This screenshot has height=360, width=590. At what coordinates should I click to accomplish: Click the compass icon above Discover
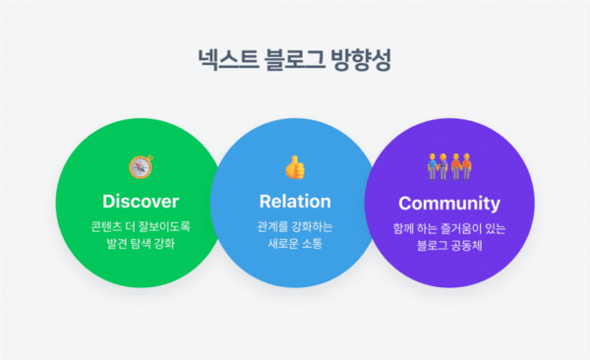pos(141,166)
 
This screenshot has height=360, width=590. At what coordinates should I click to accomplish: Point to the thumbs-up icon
pos(294,166)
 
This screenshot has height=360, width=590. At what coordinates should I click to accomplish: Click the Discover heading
pos(141,202)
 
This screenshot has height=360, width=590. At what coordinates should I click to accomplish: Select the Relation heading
pos(294,202)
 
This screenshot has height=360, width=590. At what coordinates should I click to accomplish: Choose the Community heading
pos(448,204)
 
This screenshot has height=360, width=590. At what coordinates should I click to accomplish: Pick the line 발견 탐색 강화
pos(141,244)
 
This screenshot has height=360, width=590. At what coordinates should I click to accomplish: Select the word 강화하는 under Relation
pos(312,227)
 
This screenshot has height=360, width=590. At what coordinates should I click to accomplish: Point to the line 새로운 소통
pos(294,244)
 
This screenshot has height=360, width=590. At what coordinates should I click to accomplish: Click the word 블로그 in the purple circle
pos(426,245)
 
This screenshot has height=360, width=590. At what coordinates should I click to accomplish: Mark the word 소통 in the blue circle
pos(315,244)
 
